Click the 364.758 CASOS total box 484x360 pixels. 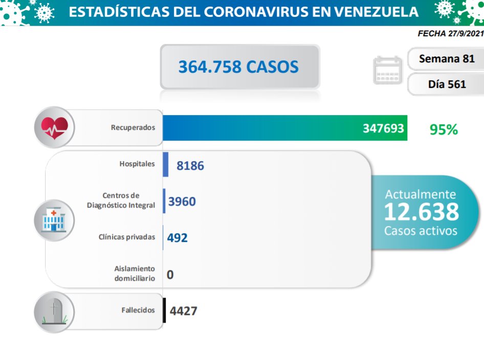click(239, 67)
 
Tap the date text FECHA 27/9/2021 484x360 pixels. click(450, 33)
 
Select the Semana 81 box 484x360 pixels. click(446, 59)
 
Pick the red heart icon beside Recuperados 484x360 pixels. click(54, 127)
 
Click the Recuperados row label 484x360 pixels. click(133, 127)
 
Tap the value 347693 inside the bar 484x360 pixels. click(383, 128)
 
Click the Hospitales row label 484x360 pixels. click(137, 164)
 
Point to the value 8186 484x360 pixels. click(190, 165)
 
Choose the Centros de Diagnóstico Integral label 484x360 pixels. click(121, 200)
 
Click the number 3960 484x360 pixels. click(182, 201)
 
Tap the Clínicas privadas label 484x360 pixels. click(127, 237)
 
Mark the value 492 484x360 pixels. click(178, 238)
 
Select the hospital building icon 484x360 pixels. click(54, 220)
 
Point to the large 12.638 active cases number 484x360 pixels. click(421, 212)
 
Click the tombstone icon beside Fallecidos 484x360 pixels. click(54, 312)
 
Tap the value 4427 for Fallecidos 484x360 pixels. click(183, 310)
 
